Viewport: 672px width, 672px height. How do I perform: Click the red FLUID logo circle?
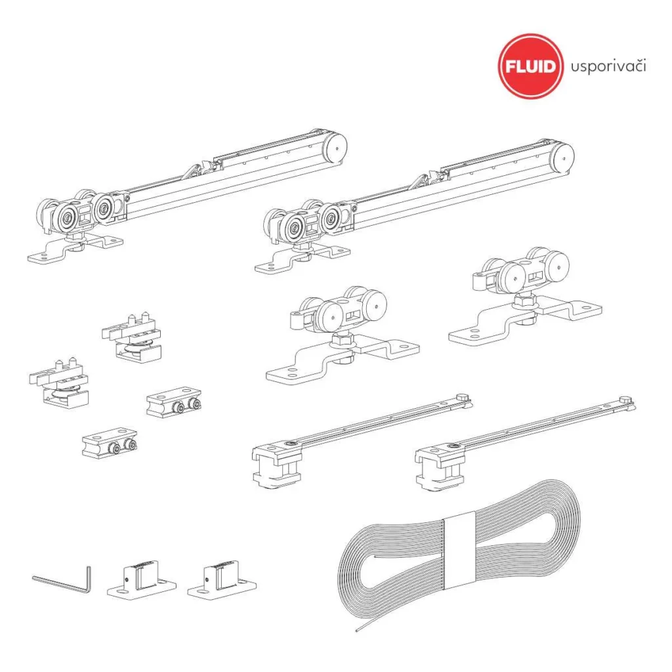(x=530, y=66)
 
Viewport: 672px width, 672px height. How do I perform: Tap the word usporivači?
(x=608, y=67)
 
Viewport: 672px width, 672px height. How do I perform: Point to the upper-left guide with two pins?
(x=132, y=337)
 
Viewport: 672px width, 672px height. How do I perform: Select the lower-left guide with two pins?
(x=59, y=383)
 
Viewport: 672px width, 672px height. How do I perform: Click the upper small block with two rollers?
(x=173, y=402)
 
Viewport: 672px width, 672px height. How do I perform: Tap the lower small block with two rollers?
(x=110, y=443)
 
